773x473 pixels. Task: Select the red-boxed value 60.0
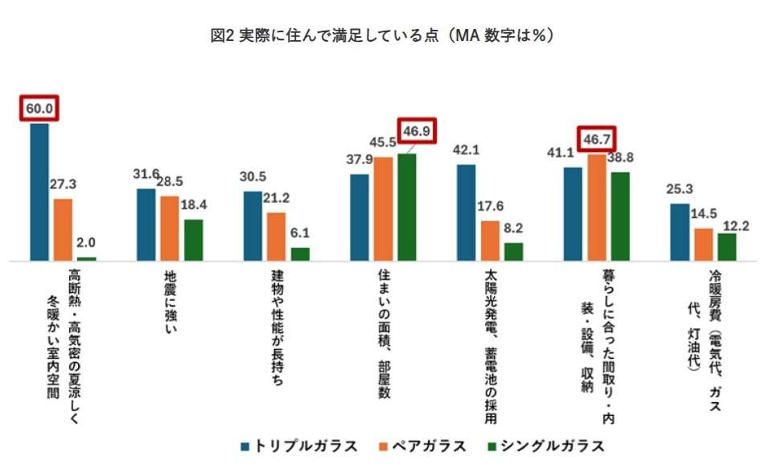pos(40,108)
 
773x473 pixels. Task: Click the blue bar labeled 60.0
pos(39,192)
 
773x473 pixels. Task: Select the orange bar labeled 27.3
pos(64,230)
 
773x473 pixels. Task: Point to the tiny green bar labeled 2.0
pos(87,259)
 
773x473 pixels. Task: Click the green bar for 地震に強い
pos(194,241)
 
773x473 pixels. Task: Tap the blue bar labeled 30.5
pos(253,226)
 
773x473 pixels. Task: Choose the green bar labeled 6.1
pos(300,254)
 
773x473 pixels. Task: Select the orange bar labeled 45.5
pos(383,209)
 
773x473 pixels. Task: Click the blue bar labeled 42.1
pos(467,212)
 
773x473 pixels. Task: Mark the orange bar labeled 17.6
pos(490,241)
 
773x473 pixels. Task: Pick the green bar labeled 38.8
pos(621,216)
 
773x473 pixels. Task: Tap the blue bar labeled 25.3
pos(680,232)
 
